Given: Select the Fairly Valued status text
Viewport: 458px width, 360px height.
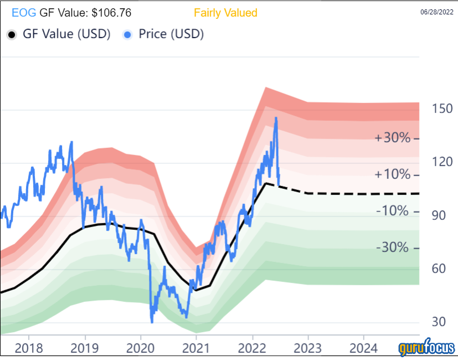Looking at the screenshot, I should coord(225,12).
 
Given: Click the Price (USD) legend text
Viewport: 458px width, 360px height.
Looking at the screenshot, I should coord(171,34).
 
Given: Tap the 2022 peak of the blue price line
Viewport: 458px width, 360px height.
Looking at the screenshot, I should coord(276,118).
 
